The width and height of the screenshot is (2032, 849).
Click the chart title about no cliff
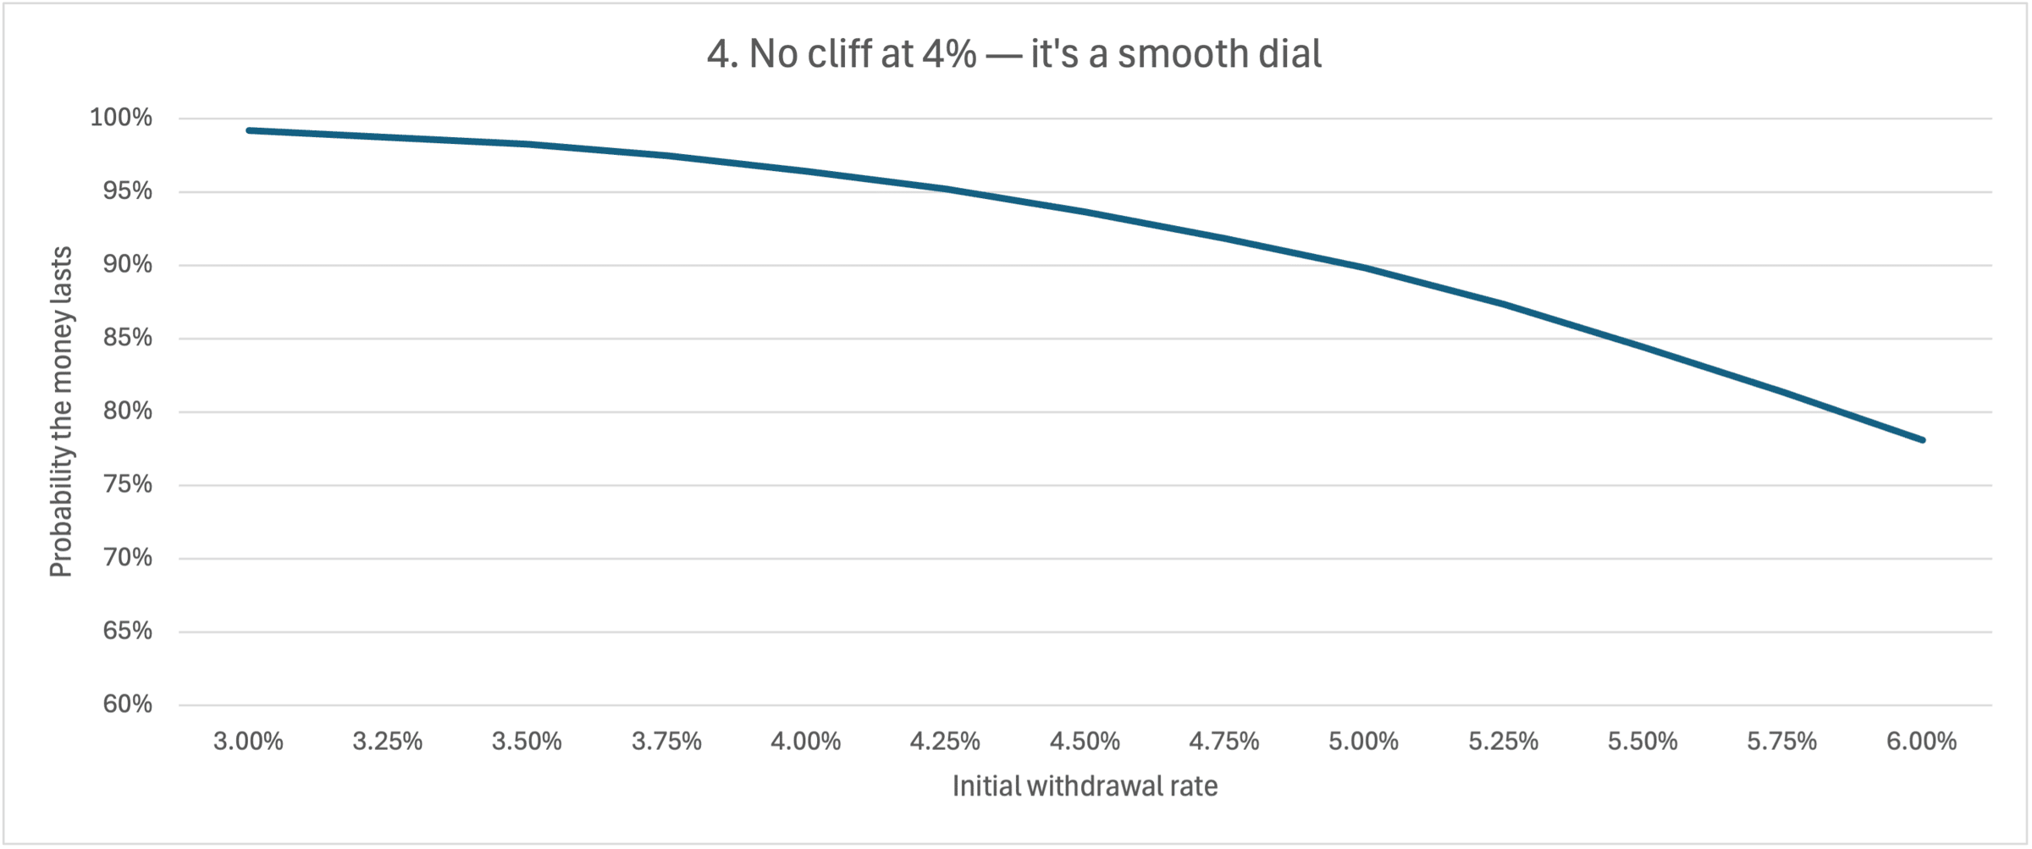pos(1014,54)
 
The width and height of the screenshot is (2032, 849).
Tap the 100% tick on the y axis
pos(121,118)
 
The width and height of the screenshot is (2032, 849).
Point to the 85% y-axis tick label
pos(128,338)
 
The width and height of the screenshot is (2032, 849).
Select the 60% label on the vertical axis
pos(128,704)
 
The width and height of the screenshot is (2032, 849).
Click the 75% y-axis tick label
pos(128,484)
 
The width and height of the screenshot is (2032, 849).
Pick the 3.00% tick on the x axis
pos(248,741)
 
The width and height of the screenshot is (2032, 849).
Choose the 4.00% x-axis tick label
pos(806,741)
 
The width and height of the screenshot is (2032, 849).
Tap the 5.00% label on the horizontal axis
pos(1364,741)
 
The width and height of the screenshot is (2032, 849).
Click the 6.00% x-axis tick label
pos(1922,741)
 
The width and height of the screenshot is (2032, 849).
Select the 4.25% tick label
pos(945,741)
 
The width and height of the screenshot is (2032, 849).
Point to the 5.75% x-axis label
pos(1782,741)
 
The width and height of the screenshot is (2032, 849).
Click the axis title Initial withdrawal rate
pos(1085,786)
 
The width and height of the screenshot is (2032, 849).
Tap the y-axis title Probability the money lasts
pos(61,412)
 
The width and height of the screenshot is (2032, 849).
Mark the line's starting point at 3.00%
pos(248,130)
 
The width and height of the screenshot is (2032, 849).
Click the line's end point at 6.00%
pos(1923,440)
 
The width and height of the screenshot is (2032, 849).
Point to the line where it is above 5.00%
pos(1364,268)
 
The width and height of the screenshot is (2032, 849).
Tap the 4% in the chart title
pos(949,54)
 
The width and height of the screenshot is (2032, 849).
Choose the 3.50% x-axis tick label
pos(527,741)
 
